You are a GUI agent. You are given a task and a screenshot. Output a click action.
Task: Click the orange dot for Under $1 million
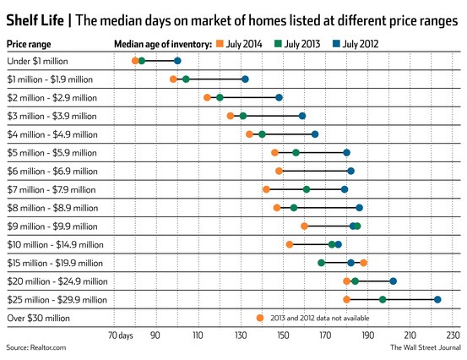135,61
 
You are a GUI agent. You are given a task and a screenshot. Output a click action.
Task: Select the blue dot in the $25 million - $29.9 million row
437,299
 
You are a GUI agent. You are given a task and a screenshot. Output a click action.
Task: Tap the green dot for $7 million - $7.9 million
306,189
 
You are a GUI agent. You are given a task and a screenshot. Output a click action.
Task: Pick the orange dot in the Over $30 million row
260,318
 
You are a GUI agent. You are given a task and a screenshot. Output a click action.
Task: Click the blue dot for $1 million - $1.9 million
245,79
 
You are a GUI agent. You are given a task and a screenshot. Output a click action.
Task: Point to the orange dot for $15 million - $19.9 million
363,263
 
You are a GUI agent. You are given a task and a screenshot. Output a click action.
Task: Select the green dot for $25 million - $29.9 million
383,299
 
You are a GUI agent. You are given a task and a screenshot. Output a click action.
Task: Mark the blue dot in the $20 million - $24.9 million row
393,281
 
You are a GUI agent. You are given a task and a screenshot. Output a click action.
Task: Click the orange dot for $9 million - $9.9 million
304,226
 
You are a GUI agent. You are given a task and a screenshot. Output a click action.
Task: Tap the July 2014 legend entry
242,41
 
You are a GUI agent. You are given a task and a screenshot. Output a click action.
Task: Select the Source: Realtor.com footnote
35,348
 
